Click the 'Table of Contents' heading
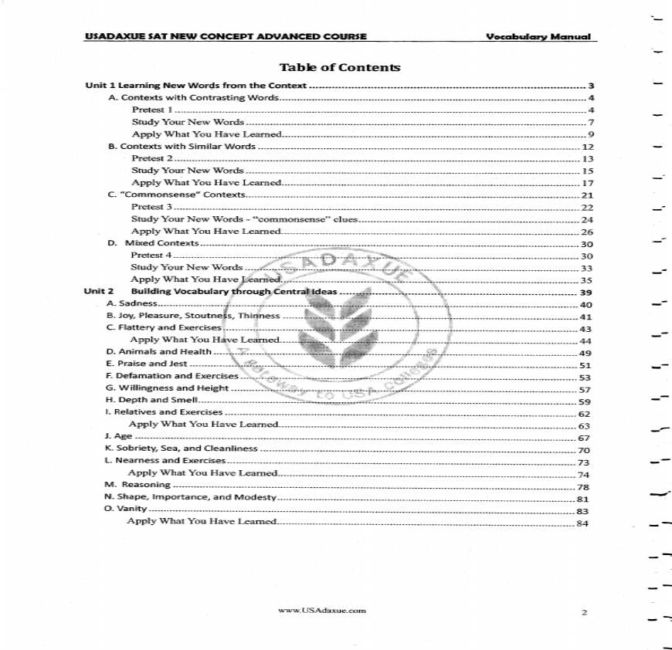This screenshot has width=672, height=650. point(340,68)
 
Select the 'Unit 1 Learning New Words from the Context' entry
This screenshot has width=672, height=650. point(195,86)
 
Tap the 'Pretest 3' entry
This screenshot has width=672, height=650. point(151,207)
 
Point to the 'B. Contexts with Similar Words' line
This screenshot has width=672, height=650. point(182,146)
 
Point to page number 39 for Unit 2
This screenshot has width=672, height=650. point(585,293)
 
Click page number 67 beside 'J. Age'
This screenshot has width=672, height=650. point(585,438)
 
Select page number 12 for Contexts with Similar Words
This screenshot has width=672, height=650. point(587,147)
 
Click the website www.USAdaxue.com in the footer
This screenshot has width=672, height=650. point(321,611)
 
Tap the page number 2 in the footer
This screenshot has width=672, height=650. point(585,613)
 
